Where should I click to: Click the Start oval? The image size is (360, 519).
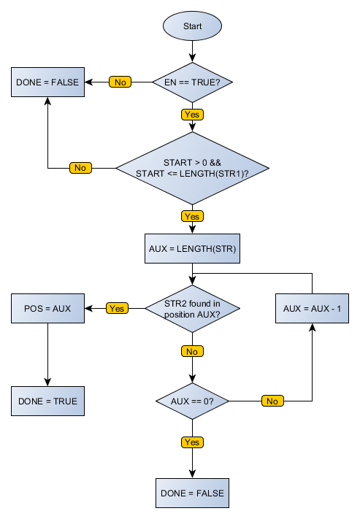[x=192, y=26]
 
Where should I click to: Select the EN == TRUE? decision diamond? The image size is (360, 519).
[x=192, y=82]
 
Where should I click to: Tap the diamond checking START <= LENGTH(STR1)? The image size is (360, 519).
[x=192, y=168]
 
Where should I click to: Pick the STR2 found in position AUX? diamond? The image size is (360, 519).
[x=192, y=309]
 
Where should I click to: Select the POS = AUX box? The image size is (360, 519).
[x=47, y=309]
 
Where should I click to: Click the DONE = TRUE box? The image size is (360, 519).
[x=47, y=401]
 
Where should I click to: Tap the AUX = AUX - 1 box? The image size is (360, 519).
[x=312, y=309]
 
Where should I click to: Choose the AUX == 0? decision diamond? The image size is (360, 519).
[x=192, y=401]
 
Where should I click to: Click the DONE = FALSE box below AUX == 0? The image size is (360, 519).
[x=192, y=493]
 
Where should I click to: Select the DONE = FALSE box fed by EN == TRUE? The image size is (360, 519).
[x=47, y=82]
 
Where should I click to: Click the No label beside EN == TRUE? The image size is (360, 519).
[x=120, y=82]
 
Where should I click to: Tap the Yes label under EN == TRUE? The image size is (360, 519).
[x=192, y=114]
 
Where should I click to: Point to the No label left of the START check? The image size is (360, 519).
[x=80, y=168]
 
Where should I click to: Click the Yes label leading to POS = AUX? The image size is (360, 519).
[x=117, y=309]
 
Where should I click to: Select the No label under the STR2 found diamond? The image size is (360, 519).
[x=192, y=351]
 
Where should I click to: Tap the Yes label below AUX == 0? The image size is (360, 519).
[x=192, y=442]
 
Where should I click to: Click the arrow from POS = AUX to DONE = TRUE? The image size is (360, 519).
[x=47, y=354]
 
